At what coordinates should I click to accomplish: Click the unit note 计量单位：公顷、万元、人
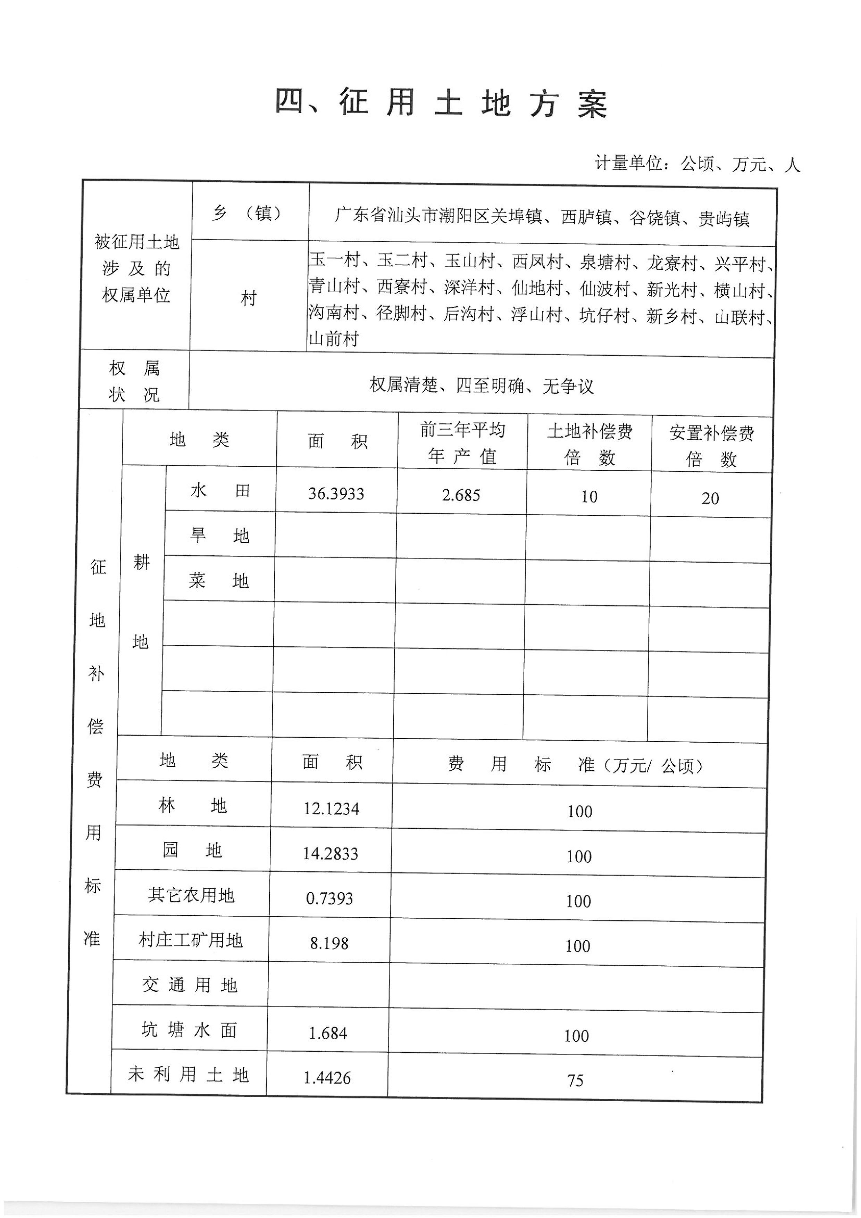[x=697, y=164]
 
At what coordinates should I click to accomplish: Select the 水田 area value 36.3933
[x=336, y=494]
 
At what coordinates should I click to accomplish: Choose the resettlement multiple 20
[x=710, y=499]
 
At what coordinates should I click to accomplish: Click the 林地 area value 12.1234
[x=331, y=809]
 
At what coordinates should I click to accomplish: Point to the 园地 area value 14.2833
[x=330, y=854]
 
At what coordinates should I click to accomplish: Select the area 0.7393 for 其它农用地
[x=329, y=898]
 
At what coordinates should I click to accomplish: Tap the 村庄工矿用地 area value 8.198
[x=329, y=943]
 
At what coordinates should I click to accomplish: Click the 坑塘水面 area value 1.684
[x=328, y=1033]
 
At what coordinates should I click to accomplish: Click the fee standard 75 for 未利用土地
[x=575, y=1080]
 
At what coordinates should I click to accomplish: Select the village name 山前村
[x=334, y=339]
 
